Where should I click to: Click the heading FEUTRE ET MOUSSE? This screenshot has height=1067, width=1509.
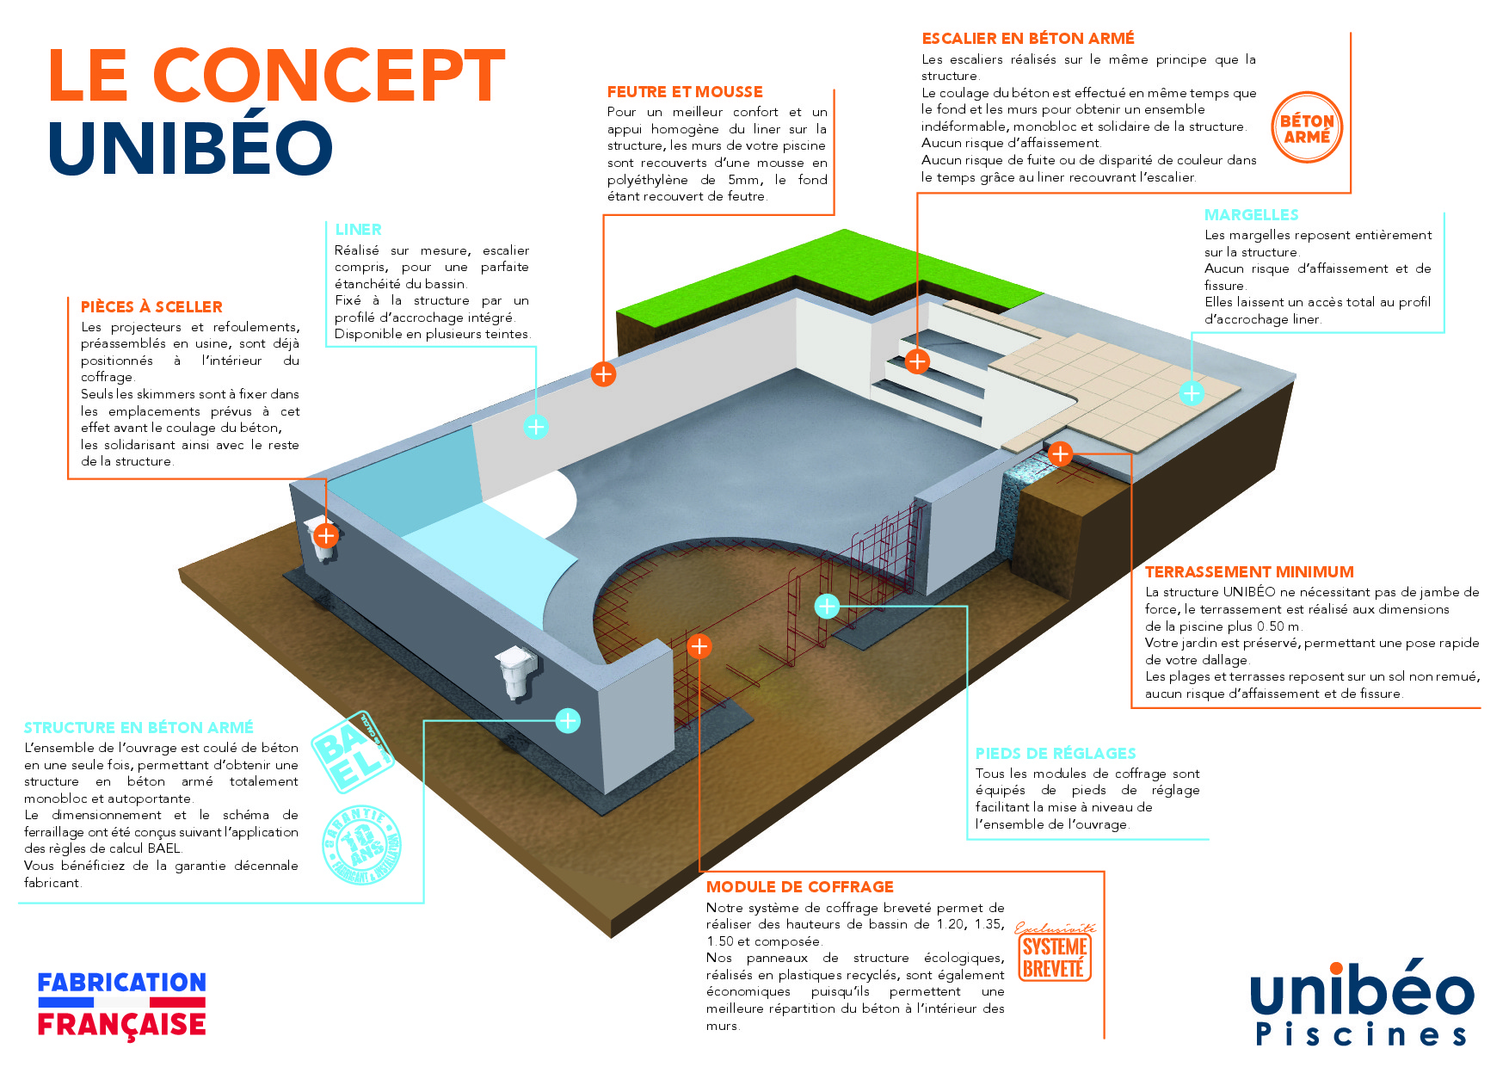coord(685,92)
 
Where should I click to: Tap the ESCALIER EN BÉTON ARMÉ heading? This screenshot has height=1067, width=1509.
coord(1028,39)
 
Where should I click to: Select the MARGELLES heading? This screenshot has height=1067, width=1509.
coord(1251,215)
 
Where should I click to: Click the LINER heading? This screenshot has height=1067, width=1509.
coord(358,230)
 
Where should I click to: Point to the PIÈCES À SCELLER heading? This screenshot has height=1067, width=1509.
coord(151,307)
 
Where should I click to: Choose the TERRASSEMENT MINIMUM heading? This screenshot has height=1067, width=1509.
coord(1249,572)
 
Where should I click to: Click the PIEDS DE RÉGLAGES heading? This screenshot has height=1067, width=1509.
coord(1056,754)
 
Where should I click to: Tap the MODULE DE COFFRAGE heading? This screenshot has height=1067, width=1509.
coord(800,887)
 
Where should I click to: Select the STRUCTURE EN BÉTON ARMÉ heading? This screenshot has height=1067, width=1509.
coord(139,728)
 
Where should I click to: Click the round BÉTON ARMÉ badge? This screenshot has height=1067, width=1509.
coord(1307,128)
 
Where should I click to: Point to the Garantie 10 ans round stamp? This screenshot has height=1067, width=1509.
coord(362,844)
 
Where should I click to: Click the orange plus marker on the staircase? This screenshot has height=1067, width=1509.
coord(918,361)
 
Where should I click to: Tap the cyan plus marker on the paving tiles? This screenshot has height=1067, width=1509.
coord(1192,393)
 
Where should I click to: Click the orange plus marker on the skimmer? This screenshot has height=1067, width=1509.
coord(326,536)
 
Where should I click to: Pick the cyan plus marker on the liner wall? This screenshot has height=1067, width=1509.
coord(536,427)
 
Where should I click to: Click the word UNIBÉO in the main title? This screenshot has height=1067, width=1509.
coord(191,148)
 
